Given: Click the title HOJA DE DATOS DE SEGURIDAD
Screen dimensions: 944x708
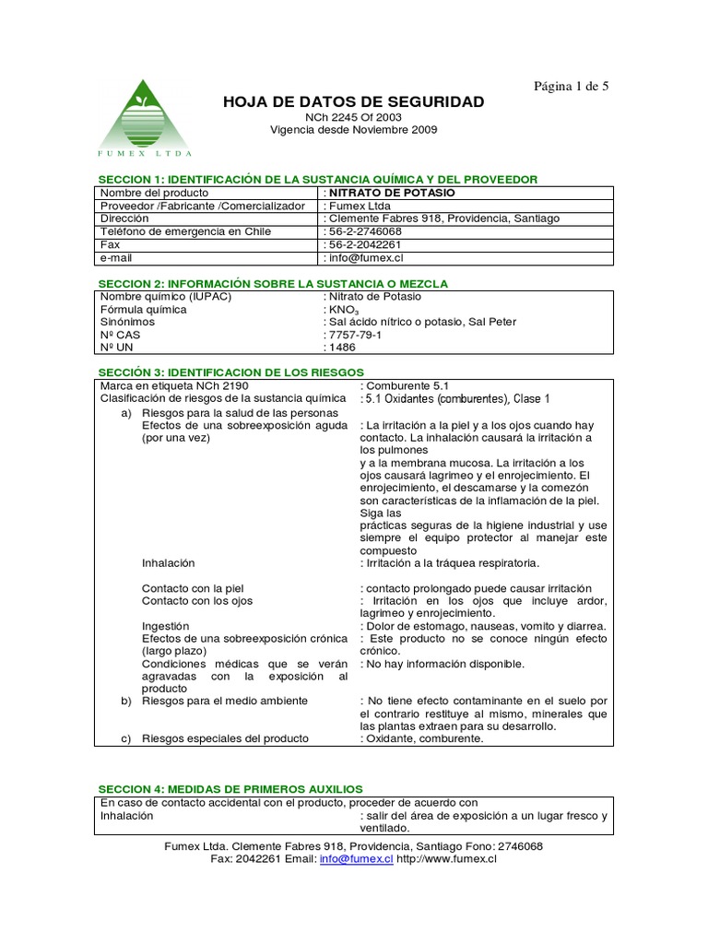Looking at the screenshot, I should point(353,101).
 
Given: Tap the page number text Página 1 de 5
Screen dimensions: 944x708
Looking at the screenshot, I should point(572,86).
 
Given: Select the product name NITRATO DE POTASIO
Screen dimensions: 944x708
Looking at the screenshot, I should point(392,193).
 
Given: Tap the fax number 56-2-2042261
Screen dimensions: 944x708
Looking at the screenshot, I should point(366,245).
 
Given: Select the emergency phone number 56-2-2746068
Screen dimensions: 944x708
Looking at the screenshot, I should point(366,232).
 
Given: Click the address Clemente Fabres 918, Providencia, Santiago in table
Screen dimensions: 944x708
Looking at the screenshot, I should point(444,218).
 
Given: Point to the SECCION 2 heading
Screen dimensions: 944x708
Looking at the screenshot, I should point(273,284).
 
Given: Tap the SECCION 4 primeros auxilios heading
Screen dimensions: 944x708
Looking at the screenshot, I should point(230,789).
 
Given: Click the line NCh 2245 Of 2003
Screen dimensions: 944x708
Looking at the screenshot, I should point(353,118).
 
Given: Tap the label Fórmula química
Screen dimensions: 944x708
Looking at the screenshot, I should point(143,310).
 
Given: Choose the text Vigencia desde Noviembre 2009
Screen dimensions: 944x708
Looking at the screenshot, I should point(353,130).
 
